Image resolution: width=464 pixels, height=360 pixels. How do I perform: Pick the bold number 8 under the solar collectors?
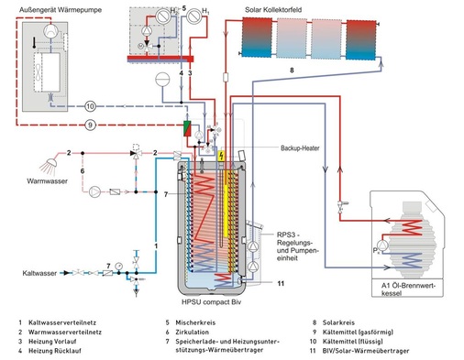pyautogui.click(x=291, y=71)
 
